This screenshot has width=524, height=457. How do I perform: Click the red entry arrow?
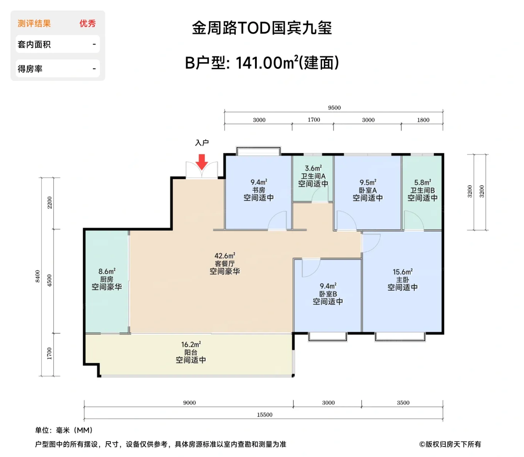pyautogui.click(x=202, y=162)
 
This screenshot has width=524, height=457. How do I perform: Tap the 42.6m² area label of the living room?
pyautogui.click(x=225, y=256)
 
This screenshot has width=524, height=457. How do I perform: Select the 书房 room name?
pyautogui.click(x=259, y=190)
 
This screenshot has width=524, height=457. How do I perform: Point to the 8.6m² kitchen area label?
pyautogui.click(x=107, y=271)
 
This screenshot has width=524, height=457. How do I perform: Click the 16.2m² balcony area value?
pyautogui.click(x=191, y=344)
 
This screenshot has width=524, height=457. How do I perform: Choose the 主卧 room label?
pyautogui.click(x=402, y=280)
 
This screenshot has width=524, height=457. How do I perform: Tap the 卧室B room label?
pyautogui.click(x=328, y=294)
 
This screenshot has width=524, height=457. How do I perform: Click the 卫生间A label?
pyautogui.click(x=313, y=176)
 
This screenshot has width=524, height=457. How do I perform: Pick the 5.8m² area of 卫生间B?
pyautogui.click(x=423, y=182)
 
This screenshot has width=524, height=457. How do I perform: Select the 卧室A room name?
pyautogui.click(x=368, y=190)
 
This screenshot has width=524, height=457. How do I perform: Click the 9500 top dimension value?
pyautogui.click(x=334, y=108)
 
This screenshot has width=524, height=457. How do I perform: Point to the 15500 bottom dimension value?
pyautogui.click(x=265, y=415)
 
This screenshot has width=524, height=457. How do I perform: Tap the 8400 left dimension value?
pyautogui.click(x=37, y=276)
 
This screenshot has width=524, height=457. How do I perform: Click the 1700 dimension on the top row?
pyautogui.click(x=314, y=120)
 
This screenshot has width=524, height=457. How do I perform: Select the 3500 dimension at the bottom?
pyautogui.click(x=403, y=403)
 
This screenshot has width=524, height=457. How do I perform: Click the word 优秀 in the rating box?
pyautogui.click(x=88, y=24)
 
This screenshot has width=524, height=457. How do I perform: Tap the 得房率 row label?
pyautogui.click(x=30, y=69)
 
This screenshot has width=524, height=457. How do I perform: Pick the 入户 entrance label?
pyautogui.click(x=202, y=143)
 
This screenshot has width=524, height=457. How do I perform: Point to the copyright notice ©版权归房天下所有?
pyautogui.click(x=450, y=444)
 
